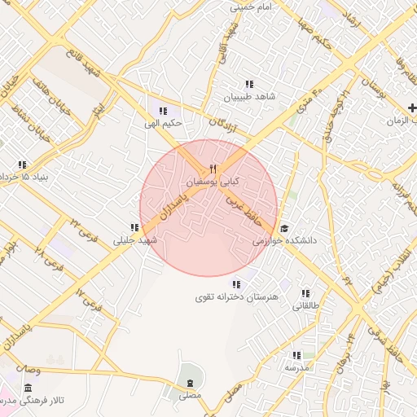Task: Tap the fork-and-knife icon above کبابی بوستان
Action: [213, 169]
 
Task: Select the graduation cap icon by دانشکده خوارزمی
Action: [283, 229]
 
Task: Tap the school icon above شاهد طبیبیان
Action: [248, 84]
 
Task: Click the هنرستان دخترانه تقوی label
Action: [236, 297]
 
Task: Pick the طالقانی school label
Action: [306, 306]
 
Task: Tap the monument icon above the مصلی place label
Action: [190, 383]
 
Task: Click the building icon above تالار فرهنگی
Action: [29, 388]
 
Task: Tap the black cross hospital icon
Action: [413, 108]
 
